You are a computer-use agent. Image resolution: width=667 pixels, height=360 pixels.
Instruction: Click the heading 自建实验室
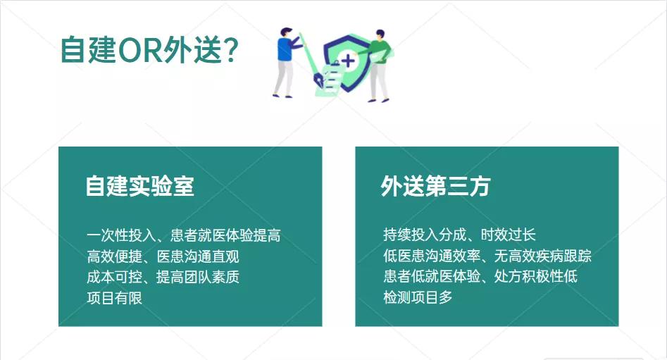pos(139,186)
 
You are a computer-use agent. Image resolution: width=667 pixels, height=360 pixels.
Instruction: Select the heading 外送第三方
pos(435,186)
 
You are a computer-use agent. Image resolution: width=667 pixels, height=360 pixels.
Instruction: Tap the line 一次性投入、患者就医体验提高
pos(183,235)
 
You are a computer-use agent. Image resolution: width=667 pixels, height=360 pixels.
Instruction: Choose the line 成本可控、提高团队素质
pos(163,277)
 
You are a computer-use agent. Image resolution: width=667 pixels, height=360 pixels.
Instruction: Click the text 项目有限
pos(114,298)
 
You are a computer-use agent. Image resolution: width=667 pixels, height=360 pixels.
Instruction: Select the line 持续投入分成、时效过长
pos(459,235)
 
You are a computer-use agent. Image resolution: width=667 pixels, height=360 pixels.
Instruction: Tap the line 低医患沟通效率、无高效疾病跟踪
pos(487,256)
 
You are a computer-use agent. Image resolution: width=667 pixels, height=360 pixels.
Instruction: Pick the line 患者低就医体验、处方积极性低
pos(480,277)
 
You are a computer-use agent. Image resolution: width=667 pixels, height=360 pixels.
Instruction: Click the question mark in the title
pos(232,51)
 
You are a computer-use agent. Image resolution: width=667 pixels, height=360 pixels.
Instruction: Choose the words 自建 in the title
pos(87,51)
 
